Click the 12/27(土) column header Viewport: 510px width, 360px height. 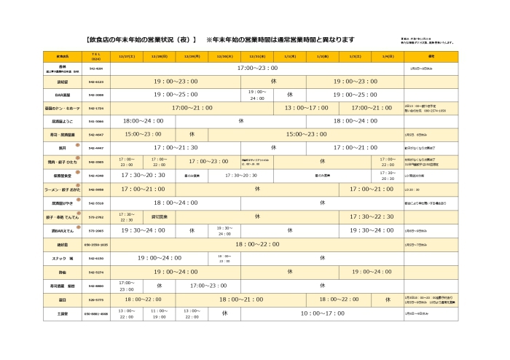(x=126, y=55)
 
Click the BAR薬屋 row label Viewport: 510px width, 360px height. (x=63, y=95)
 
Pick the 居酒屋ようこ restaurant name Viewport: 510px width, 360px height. (x=63, y=121)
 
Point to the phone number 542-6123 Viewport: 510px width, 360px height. (x=95, y=82)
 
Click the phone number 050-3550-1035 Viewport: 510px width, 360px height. (x=95, y=244)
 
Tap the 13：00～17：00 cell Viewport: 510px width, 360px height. (x=306, y=108)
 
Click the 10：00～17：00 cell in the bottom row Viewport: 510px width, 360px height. (x=323, y=313)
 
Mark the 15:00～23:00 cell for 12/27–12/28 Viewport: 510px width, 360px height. (x=143, y=135)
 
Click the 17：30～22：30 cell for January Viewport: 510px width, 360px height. (x=372, y=216)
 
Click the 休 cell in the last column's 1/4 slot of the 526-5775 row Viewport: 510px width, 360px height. (x=388, y=299)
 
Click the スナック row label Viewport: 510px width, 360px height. (x=63, y=258)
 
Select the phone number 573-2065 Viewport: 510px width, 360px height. (x=95, y=230)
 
